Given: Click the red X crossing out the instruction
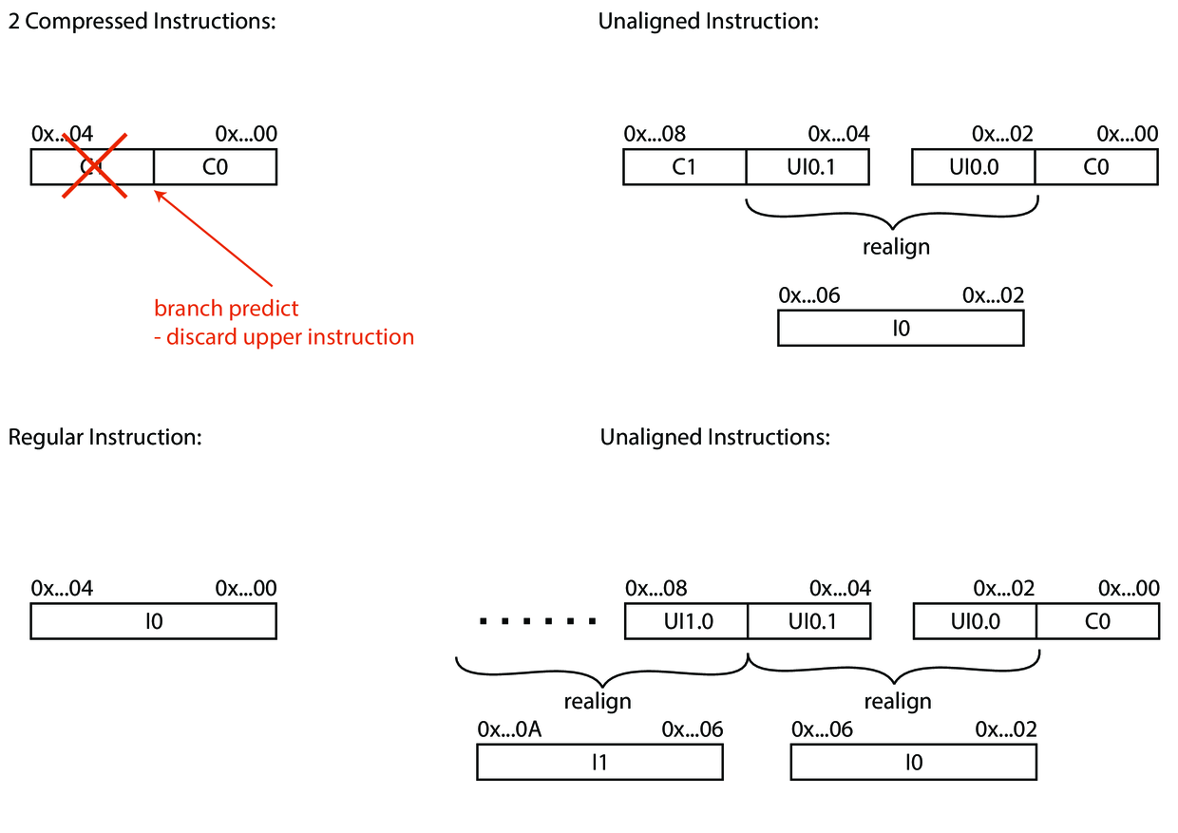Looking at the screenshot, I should coord(94,165).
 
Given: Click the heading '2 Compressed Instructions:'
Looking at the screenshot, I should coord(142,22).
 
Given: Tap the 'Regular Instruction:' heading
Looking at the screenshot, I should coord(104,437).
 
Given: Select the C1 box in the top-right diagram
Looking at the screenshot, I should coord(684,166).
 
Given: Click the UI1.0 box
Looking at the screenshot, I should coord(686,621).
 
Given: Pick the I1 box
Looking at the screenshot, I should coord(599,762).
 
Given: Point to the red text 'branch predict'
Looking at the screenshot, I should coord(226,309).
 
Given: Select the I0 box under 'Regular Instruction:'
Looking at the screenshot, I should coord(154,621).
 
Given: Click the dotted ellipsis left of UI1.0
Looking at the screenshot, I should coord(537,622).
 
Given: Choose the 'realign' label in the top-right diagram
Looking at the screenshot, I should coord(895,248).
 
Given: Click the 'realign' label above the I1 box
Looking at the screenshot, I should coord(597,702).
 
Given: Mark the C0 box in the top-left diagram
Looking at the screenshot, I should coord(215,166).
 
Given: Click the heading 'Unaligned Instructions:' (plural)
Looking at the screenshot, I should coord(714,437).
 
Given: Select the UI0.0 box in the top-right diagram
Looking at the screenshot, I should coord(973,166).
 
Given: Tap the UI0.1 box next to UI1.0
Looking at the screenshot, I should coord(808,621).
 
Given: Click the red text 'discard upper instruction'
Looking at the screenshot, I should coord(284,337).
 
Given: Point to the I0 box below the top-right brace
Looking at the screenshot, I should coord(901,329).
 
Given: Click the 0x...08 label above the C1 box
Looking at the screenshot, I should coord(655,134).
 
